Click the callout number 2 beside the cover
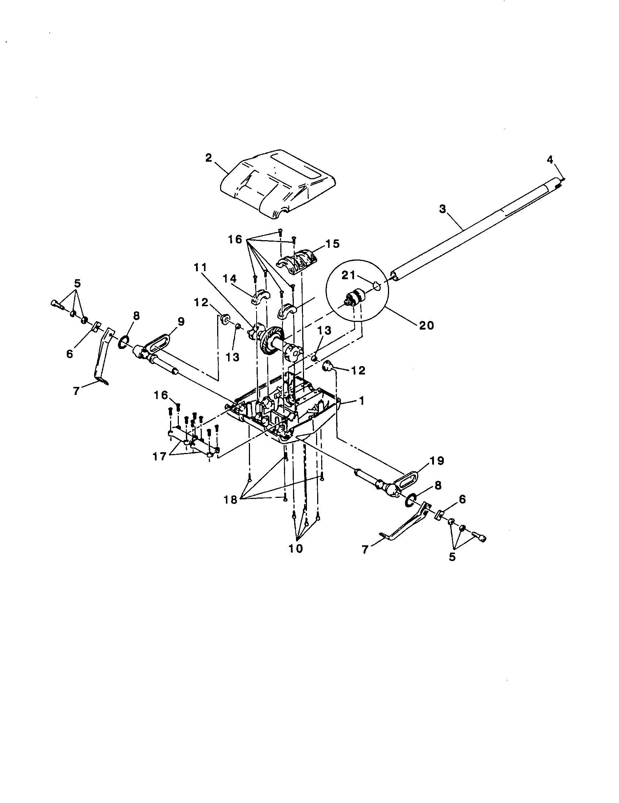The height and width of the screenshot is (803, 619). [x=209, y=158]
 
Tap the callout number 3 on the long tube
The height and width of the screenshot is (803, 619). [x=442, y=209]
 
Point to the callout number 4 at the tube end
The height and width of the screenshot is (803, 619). [x=549, y=160]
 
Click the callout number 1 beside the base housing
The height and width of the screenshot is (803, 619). [x=361, y=400]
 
